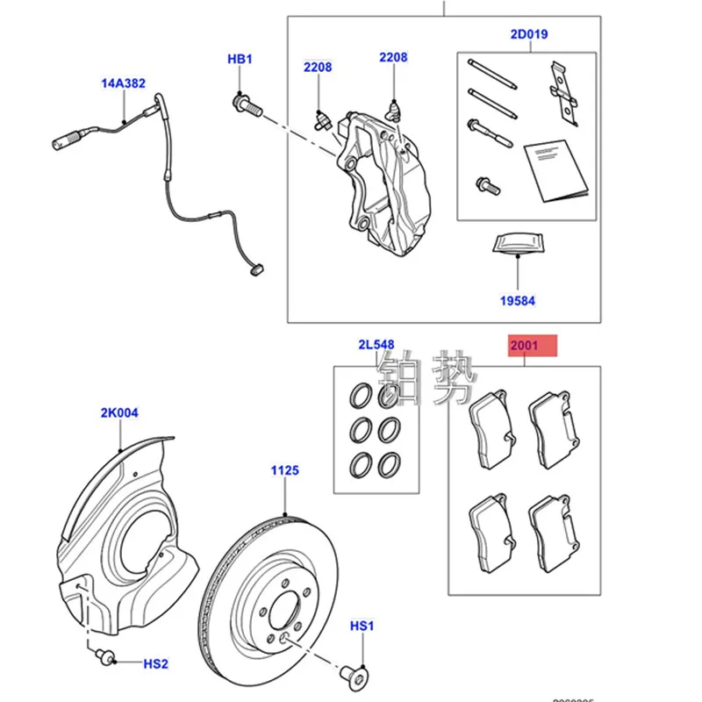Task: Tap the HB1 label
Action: tap(240, 59)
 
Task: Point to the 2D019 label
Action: tap(528, 36)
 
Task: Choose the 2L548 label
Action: tap(376, 344)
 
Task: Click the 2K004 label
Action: tap(119, 412)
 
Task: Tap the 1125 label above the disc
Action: tap(285, 470)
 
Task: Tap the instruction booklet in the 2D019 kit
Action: tap(551, 171)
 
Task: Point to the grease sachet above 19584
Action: tap(516, 244)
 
